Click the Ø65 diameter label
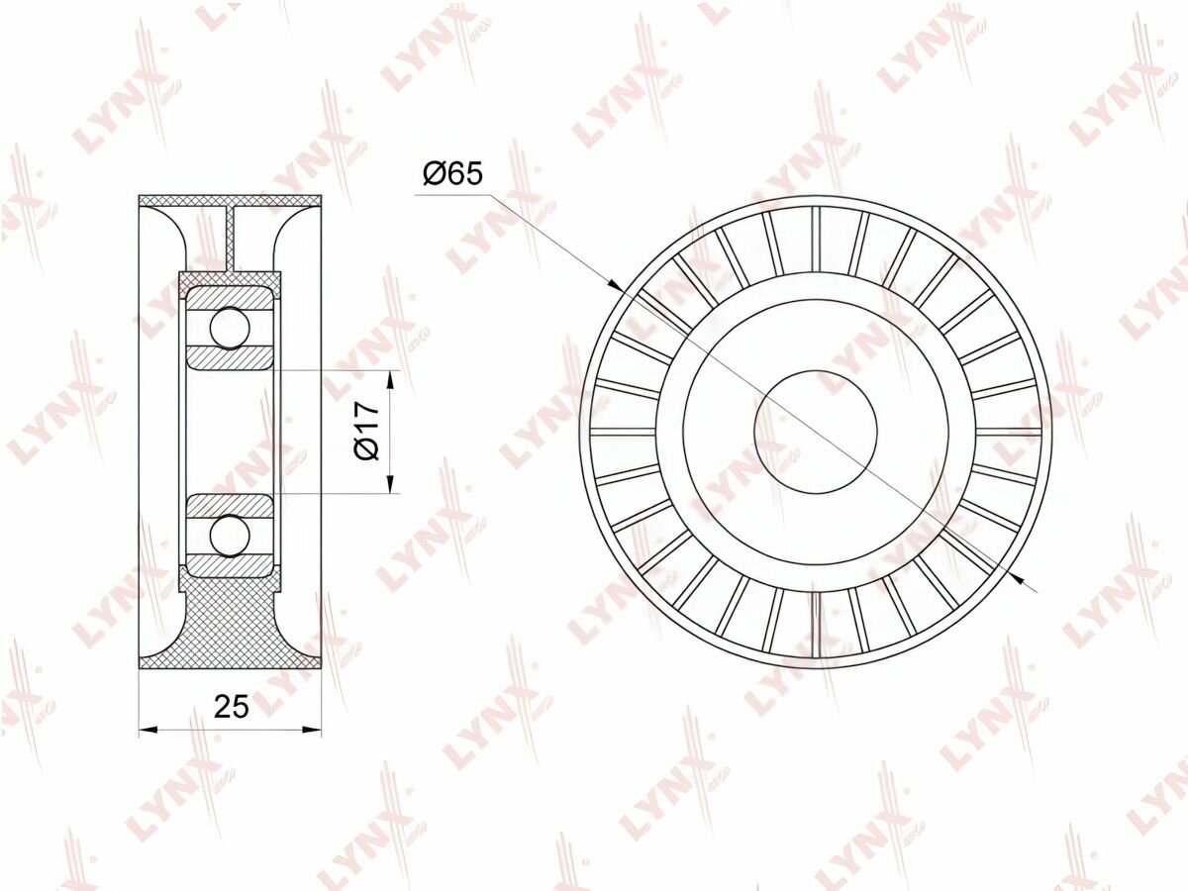(x=451, y=174)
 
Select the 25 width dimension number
(x=231, y=706)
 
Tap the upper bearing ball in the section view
(x=230, y=328)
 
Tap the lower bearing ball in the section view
(x=230, y=536)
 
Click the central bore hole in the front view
(x=815, y=432)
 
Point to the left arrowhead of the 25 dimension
(x=148, y=731)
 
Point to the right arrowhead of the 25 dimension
(x=312, y=731)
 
